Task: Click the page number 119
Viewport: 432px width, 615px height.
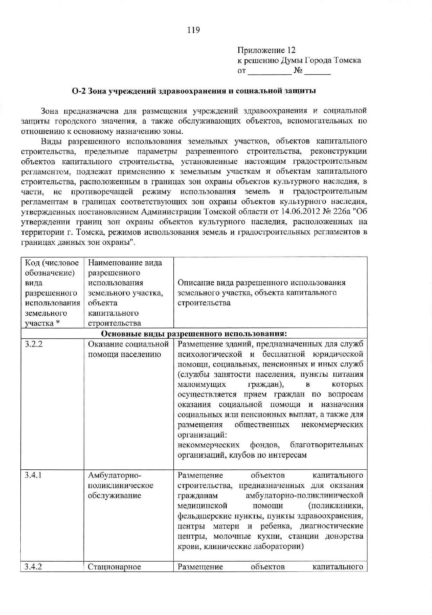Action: [x=193, y=30]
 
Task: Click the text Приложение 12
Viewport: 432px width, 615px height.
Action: [x=266, y=50]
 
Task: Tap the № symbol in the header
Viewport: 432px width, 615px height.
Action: [x=298, y=71]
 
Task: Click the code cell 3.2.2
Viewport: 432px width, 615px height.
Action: [x=34, y=344]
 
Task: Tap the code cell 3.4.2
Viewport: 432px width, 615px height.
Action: [x=34, y=567]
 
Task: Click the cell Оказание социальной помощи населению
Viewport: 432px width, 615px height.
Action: [x=128, y=349]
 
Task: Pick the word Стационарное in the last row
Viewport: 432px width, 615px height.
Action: [x=114, y=567]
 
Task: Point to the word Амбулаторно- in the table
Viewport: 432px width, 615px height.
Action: [x=114, y=476]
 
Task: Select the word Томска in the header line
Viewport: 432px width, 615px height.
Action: [x=347, y=60]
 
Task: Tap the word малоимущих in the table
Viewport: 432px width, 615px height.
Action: [x=201, y=384]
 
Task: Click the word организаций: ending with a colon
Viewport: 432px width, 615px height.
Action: [x=202, y=435]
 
